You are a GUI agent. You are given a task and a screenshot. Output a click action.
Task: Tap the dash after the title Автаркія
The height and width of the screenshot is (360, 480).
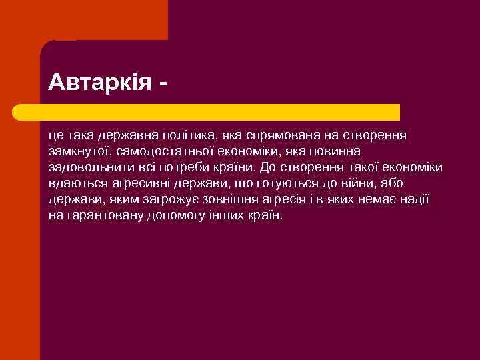point(163,84)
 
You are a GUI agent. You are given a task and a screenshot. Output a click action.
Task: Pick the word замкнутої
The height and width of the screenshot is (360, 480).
point(76,151)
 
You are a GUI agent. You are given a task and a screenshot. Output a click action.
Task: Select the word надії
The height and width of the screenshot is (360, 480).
point(413,199)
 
